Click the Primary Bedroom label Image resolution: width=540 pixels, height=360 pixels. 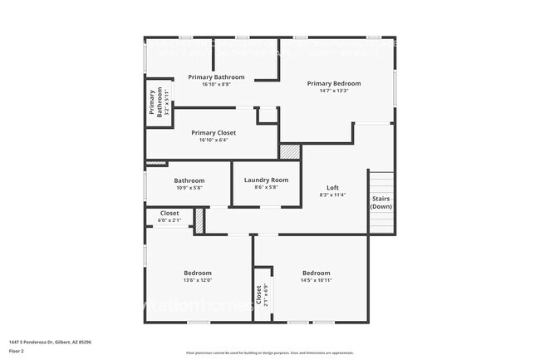click(x=334, y=83)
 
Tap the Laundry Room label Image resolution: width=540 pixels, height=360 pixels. click(x=266, y=180)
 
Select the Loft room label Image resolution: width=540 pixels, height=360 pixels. click(x=332, y=187)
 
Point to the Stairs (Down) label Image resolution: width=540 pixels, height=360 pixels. click(x=381, y=203)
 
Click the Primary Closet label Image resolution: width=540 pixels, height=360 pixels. click(x=214, y=132)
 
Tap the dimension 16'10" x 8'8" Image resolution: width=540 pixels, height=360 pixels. click(x=216, y=84)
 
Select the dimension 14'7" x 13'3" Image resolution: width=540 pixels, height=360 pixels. click(x=334, y=91)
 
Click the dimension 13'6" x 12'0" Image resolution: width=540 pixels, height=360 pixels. click(x=198, y=280)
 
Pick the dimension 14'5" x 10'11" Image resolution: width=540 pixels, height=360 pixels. click(x=316, y=280)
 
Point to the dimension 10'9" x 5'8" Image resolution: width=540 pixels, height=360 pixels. click(x=189, y=188)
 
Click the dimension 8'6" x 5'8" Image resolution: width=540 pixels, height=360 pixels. click(x=266, y=187)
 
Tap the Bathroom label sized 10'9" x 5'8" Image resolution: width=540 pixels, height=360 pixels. click(x=189, y=180)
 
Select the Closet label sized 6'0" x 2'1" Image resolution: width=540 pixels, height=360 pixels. click(x=169, y=213)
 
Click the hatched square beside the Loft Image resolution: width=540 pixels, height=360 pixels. click(x=289, y=152)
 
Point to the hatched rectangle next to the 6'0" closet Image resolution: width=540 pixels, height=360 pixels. click(x=199, y=220)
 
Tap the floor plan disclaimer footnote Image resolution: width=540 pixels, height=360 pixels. click(x=269, y=353)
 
